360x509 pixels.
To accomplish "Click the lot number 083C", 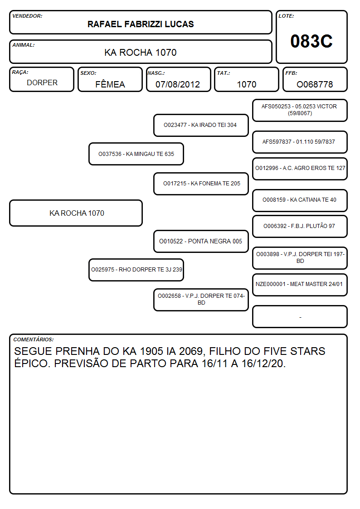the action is (x=311, y=41).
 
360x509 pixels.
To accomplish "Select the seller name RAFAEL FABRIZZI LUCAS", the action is (x=141, y=24).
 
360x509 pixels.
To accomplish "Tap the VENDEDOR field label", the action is (x=27, y=16).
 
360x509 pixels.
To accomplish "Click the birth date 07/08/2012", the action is (x=178, y=84).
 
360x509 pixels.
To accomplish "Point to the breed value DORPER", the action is (x=42, y=83).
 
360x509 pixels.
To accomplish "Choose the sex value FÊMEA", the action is (x=110, y=84).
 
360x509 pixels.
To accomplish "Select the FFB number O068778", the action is (x=315, y=84).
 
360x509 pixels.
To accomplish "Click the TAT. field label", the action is (x=224, y=73).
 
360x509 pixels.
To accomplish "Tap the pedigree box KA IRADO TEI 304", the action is (x=201, y=125).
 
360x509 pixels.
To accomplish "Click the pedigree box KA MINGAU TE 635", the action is (x=136, y=154).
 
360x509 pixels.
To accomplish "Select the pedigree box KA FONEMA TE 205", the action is (x=201, y=184).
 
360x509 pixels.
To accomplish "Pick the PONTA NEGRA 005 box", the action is (x=201, y=241).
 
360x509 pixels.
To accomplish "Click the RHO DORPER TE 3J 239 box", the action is (x=136, y=270).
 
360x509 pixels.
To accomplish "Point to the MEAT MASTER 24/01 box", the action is (x=300, y=285).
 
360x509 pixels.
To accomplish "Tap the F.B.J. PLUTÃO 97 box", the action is (x=300, y=226).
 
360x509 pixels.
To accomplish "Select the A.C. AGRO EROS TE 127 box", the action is (x=300, y=169).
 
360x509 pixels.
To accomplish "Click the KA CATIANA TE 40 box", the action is (x=300, y=200).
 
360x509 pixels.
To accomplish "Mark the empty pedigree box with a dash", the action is (x=300, y=316).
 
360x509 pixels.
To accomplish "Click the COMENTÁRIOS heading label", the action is (x=34, y=339).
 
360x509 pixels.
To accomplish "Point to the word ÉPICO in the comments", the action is (x=32, y=363).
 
